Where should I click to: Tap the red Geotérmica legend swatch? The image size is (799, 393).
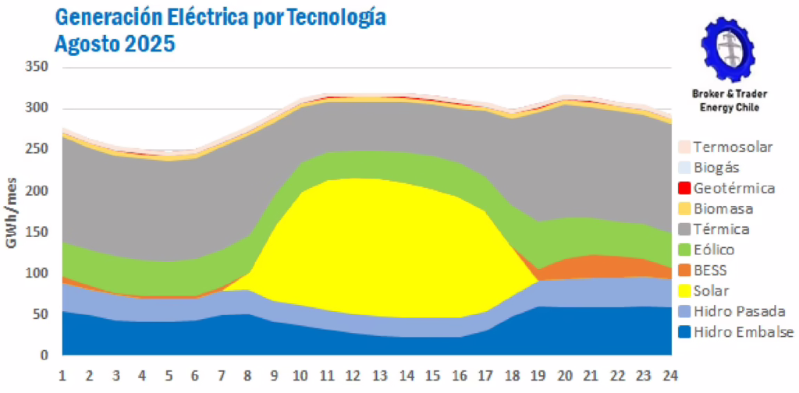pyautogui.click(x=684, y=188)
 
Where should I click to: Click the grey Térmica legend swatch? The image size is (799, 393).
pyautogui.click(x=684, y=229)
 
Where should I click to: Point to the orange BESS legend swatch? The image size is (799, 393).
pyautogui.click(x=684, y=271)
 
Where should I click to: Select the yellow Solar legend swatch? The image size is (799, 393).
pyautogui.click(x=684, y=291)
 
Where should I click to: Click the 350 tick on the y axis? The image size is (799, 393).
pyautogui.click(x=37, y=68)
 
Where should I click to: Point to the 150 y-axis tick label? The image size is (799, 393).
pyautogui.click(x=37, y=232)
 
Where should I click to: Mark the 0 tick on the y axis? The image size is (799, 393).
pyautogui.click(x=45, y=356)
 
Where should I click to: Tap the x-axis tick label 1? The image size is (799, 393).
pyautogui.click(x=63, y=374)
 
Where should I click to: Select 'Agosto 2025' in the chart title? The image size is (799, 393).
pyautogui.click(x=115, y=44)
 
